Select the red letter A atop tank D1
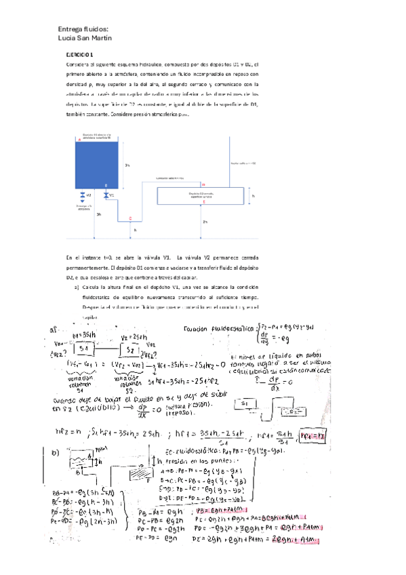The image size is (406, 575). click(x=79, y=139)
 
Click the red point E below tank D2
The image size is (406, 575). click(x=203, y=201)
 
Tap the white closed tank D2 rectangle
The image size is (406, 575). click(x=201, y=195)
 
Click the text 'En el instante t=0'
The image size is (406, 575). click(x=91, y=258)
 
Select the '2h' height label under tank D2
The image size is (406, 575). click(x=205, y=222)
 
